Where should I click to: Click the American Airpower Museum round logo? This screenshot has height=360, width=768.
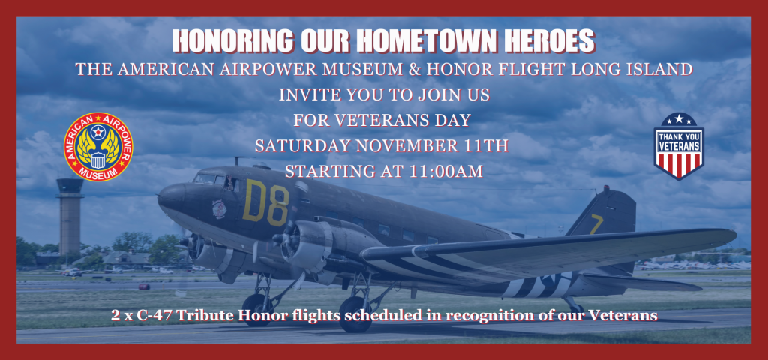(x=98, y=147)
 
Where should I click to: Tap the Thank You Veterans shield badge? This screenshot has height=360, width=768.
(x=678, y=146)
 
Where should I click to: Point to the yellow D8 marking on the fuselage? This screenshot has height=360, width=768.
(x=266, y=202)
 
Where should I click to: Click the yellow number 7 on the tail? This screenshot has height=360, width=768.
(x=596, y=223)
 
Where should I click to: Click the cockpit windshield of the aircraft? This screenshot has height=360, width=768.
(x=204, y=178)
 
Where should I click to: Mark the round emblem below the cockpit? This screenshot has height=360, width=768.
(x=220, y=208)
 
